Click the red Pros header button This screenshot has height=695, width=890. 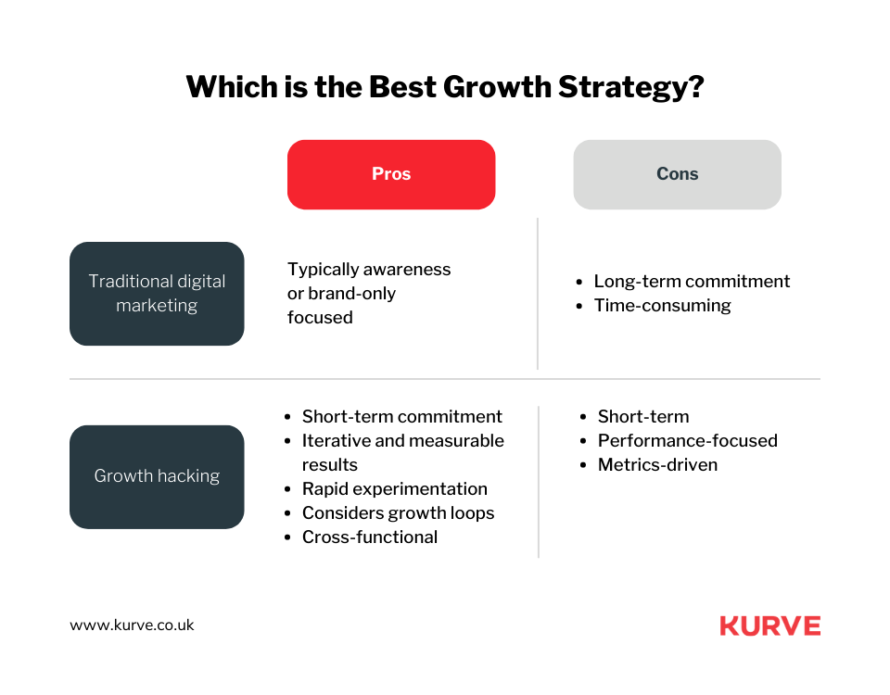391,174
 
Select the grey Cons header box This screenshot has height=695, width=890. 677,174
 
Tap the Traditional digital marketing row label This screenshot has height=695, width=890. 157,293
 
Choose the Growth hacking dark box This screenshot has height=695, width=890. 157,476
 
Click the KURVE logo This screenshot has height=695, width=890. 769,625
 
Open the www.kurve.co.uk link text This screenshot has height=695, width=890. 133,625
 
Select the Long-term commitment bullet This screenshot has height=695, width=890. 692,281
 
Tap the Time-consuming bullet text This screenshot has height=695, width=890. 662,305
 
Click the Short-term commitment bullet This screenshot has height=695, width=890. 401,416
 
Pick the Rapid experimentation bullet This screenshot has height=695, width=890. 394,488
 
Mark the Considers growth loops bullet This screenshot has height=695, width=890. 398,512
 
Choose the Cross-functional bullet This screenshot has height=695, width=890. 369,537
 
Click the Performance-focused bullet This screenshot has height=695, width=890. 687,440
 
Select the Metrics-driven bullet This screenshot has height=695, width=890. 657,464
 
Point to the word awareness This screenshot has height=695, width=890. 407,269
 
